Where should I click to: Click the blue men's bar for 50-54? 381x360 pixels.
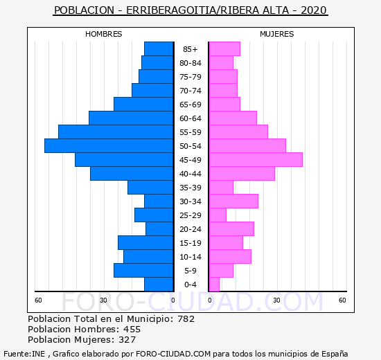tap(109, 146)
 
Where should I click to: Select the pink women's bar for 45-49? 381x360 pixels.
tap(256, 160)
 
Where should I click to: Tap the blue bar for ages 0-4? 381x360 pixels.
tap(159, 285)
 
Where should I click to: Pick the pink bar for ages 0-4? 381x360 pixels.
tap(214, 285)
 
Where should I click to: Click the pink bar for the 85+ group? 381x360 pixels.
tap(224, 49)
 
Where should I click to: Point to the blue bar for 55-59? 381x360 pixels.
tap(116, 132)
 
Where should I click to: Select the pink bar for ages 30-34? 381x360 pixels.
tap(233, 201)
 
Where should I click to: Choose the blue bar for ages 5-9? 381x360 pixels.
tap(143, 271)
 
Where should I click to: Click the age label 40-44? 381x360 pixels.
tap(190, 174)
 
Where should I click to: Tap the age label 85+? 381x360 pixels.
tap(190, 49)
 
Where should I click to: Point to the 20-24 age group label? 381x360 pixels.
tap(190, 229)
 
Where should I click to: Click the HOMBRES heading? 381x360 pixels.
tap(104, 34)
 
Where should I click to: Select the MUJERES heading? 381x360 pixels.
tap(277, 34)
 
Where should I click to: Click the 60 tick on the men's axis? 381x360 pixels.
tap(38, 300)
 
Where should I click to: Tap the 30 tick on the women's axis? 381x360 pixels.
tap(276, 300)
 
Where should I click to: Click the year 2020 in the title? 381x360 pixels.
tap(314, 10)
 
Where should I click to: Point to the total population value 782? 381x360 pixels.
tap(186, 319)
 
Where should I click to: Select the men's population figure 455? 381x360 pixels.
tap(132, 330)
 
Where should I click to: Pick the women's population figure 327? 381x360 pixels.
tap(127, 340)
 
